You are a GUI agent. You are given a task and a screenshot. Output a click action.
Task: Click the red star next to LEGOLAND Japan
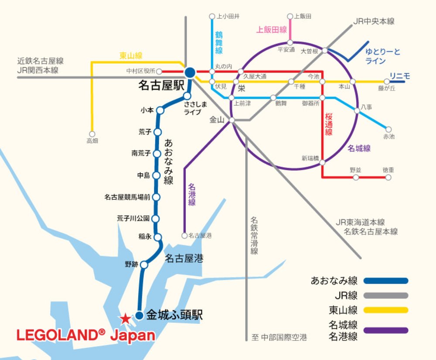125,319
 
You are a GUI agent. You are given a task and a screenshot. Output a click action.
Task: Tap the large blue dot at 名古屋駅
190,72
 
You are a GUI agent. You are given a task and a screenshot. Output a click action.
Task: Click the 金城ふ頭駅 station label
174,315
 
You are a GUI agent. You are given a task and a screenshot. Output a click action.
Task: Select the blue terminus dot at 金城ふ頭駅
139,315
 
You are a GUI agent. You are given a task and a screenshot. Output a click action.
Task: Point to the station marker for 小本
160,110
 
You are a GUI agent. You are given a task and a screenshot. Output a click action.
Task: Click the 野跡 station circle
144,264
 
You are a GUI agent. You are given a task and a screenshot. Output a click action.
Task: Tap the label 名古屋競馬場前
127,197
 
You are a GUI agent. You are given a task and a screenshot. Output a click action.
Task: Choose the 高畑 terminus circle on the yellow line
92,134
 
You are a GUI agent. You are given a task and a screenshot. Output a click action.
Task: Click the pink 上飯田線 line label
271,30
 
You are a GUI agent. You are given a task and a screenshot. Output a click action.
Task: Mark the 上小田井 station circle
212,17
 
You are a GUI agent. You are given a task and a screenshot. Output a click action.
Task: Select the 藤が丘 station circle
387,82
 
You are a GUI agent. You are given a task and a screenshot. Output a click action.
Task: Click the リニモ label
400,76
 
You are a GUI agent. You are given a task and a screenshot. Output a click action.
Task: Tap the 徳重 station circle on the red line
388,178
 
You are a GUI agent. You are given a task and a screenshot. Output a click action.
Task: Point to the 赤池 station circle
388,129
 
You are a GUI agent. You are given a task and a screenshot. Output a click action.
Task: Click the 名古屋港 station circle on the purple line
184,235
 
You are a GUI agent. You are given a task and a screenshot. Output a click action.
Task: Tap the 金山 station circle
232,120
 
